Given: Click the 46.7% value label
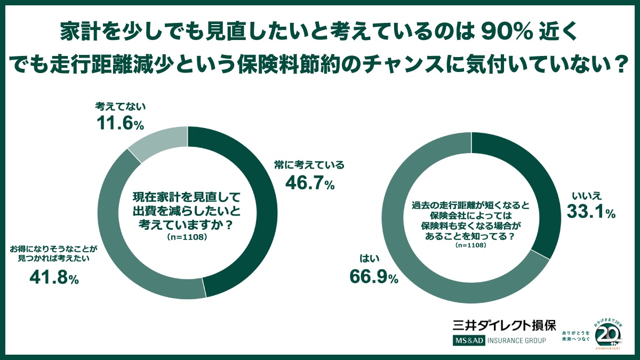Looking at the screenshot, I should click(310, 183).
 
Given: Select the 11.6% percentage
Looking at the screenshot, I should click(120, 125).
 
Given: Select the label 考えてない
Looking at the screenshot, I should click(120, 107).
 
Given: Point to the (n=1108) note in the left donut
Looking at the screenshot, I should click(188, 236).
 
